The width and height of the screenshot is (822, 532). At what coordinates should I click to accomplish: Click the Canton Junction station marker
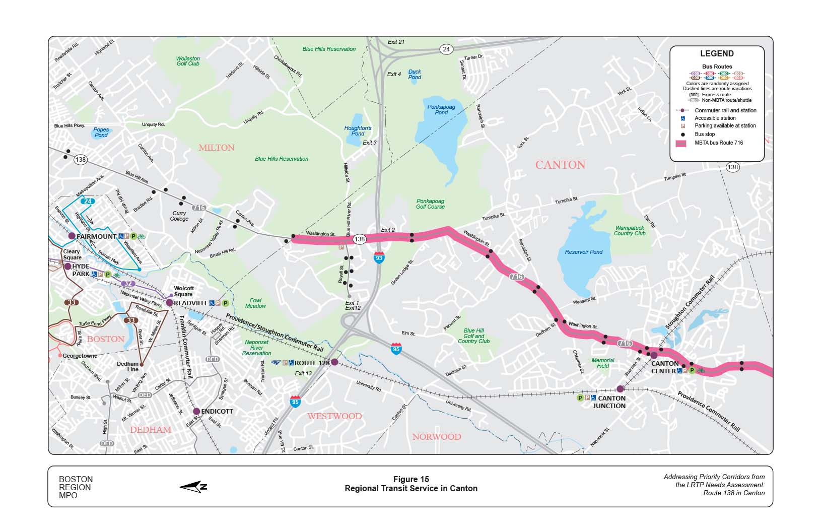pos(621,389)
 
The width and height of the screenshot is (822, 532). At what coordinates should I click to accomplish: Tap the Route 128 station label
pos(312,363)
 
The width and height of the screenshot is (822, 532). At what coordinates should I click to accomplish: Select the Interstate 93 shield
pos(379,257)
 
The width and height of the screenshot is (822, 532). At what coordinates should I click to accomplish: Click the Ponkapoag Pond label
pos(441,109)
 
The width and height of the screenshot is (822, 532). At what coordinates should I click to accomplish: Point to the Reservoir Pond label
pos(584,252)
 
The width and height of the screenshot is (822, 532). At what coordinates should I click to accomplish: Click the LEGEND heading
pos(717,54)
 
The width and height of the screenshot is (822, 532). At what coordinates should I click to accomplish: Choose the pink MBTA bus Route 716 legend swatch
pos(681,143)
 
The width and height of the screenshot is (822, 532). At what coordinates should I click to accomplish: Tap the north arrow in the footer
pos(193,487)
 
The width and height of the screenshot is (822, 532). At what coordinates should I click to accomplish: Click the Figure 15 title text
pos(411,479)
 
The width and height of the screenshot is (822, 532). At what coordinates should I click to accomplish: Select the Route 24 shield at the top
pos(446,49)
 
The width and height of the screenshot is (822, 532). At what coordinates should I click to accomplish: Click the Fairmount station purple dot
pos(72,236)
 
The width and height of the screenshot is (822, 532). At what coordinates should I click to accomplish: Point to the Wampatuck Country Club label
pos(630,231)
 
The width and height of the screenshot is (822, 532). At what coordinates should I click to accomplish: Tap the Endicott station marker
pos(196,411)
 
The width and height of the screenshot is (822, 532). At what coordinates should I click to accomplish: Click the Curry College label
pos(179,216)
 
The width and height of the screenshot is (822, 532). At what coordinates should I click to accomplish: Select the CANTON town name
pos(560,165)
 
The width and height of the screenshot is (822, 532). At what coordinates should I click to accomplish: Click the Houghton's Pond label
pos(358,131)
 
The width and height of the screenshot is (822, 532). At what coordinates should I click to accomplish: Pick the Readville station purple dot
pos(170,303)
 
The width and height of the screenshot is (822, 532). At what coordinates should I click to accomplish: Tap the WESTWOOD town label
pos(334,416)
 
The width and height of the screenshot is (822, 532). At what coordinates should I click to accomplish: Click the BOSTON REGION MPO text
pos(76,487)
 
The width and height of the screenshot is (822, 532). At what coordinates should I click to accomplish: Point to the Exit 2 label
pos(388,230)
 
